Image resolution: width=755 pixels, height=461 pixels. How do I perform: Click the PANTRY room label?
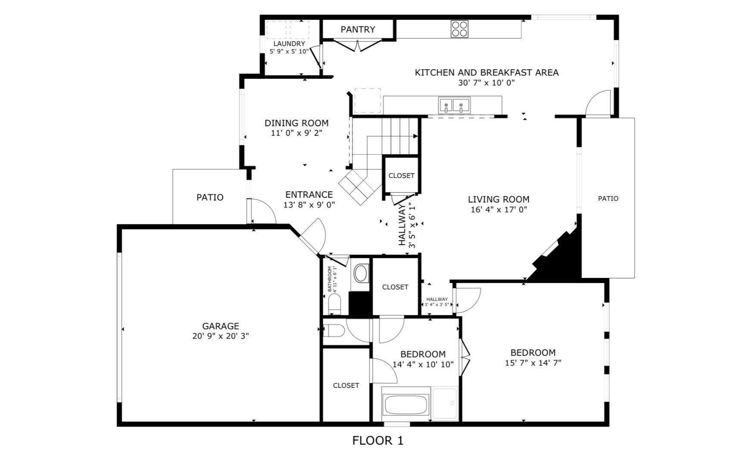[358, 29]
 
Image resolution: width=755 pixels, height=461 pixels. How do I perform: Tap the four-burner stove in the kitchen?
[459, 29]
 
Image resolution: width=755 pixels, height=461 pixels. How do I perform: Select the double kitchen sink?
[454, 105]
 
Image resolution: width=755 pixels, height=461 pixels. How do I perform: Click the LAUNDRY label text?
[289, 44]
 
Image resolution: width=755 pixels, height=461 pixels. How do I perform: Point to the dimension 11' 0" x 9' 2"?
[296, 133]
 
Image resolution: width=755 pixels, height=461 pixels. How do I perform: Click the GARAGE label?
[221, 326]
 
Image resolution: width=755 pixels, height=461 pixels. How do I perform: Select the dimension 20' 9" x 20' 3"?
[221, 336]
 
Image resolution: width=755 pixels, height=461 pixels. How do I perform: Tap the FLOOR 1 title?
[378, 440]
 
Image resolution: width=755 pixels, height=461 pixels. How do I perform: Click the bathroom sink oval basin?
[360, 273]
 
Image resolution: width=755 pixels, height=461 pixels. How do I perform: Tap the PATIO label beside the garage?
[210, 197]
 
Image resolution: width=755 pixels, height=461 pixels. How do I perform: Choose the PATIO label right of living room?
[608, 199]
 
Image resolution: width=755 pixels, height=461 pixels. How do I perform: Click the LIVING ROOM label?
[499, 199]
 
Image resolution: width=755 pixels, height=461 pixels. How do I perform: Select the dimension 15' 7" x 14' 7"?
[533, 363]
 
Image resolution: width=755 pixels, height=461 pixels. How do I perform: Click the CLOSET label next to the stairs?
[401, 175]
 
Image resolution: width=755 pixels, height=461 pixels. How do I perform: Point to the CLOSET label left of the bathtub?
[346, 385]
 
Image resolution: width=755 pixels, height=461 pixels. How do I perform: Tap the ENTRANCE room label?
[309, 194]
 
